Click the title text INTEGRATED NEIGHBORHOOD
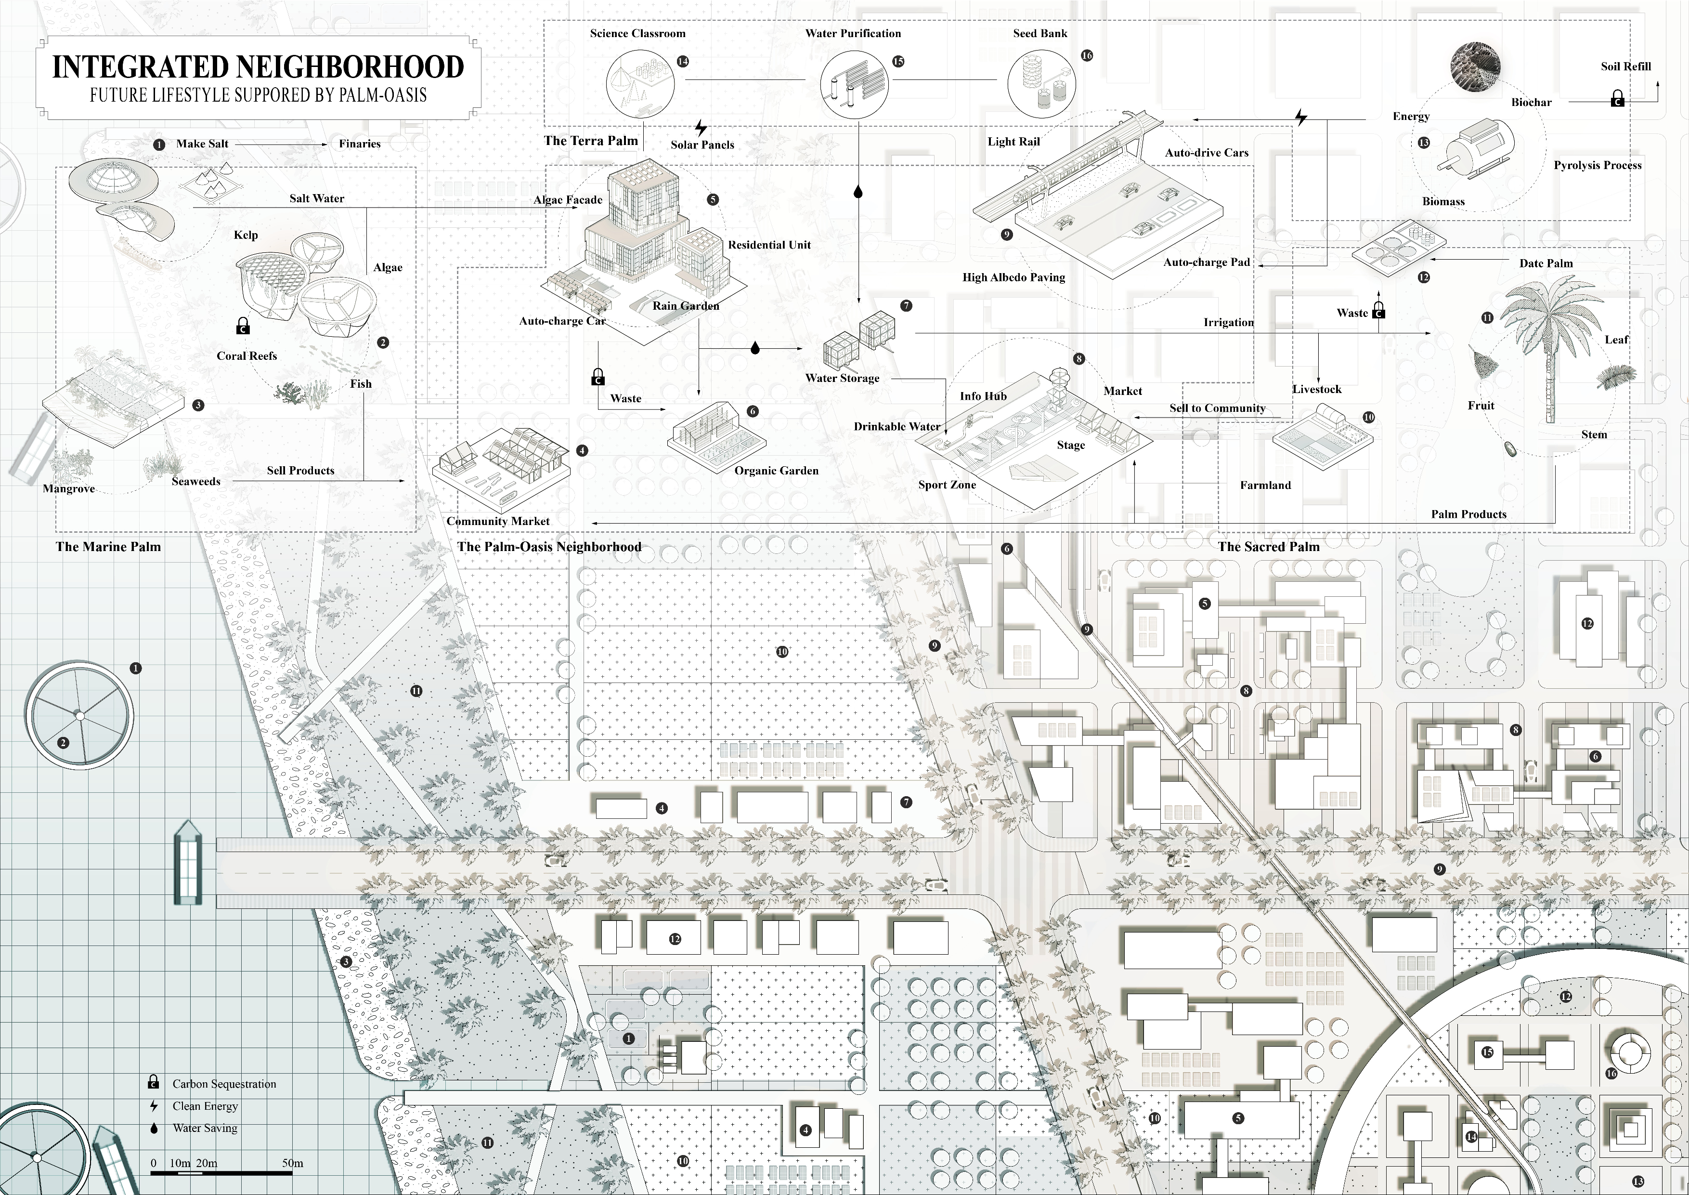click(x=258, y=66)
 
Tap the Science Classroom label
click(x=638, y=33)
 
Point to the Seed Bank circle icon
click(x=1040, y=83)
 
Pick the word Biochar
click(x=1532, y=102)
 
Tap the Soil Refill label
click(x=1626, y=66)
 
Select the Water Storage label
click(x=842, y=378)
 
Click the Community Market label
click(x=498, y=521)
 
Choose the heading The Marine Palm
click(x=108, y=547)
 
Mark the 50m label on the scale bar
click(x=293, y=1163)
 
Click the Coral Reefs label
click(x=247, y=356)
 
